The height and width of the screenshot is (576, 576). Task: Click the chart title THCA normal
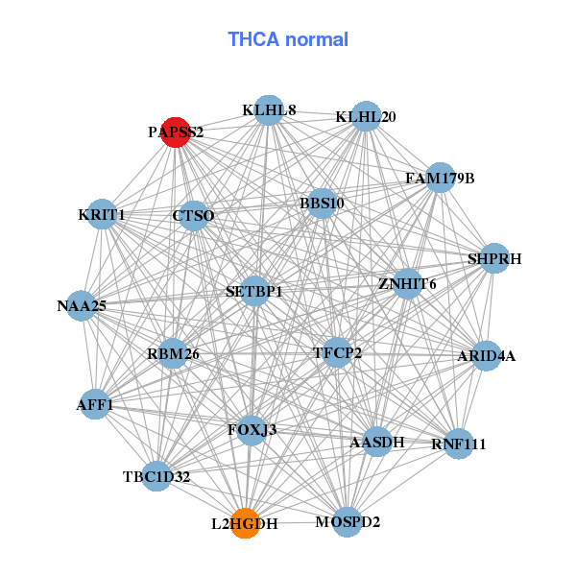pyautogui.click(x=288, y=39)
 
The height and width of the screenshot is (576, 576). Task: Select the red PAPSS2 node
pyautogui.click(x=176, y=132)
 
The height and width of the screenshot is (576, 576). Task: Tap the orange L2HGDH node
pyautogui.click(x=246, y=523)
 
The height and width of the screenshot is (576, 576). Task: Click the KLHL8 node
pyautogui.click(x=269, y=110)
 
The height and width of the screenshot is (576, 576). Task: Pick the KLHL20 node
pyautogui.click(x=366, y=117)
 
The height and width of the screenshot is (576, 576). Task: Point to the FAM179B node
pyautogui.click(x=440, y=178)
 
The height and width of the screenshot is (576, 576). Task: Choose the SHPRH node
pyautogui.click(x=494, y=258)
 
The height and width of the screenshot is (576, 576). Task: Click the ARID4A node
pyautogui.click(x=486, y=356)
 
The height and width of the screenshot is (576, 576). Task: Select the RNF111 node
pyautogui.click(x=459, y=444)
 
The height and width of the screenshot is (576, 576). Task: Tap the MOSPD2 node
pyautogui.click(x=348, y=522)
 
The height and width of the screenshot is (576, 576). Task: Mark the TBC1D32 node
pyautogui.click(x=156, y=475)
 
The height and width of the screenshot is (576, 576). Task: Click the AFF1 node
pyautogui.click(x=95, y=405)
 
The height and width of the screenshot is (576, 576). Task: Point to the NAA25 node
pyautogui.click(x=82, y=306)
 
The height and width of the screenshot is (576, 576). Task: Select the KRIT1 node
pyautogui.click(x=102, y=215)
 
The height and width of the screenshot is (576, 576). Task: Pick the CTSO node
pyautogui.click(x=193, y=216)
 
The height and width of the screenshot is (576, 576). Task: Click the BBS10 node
pyautogui.click(x=322, y=203)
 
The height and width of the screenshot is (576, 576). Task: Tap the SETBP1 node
pyautogui.click(x=254, y=290)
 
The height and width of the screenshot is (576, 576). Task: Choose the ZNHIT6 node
pyautogui.click(x=407, y=284)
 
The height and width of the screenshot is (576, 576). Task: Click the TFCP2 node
pyautogui.click(x=338, y=353)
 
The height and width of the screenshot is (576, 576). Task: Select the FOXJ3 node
pyautogui.click(x=252, y=429)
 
